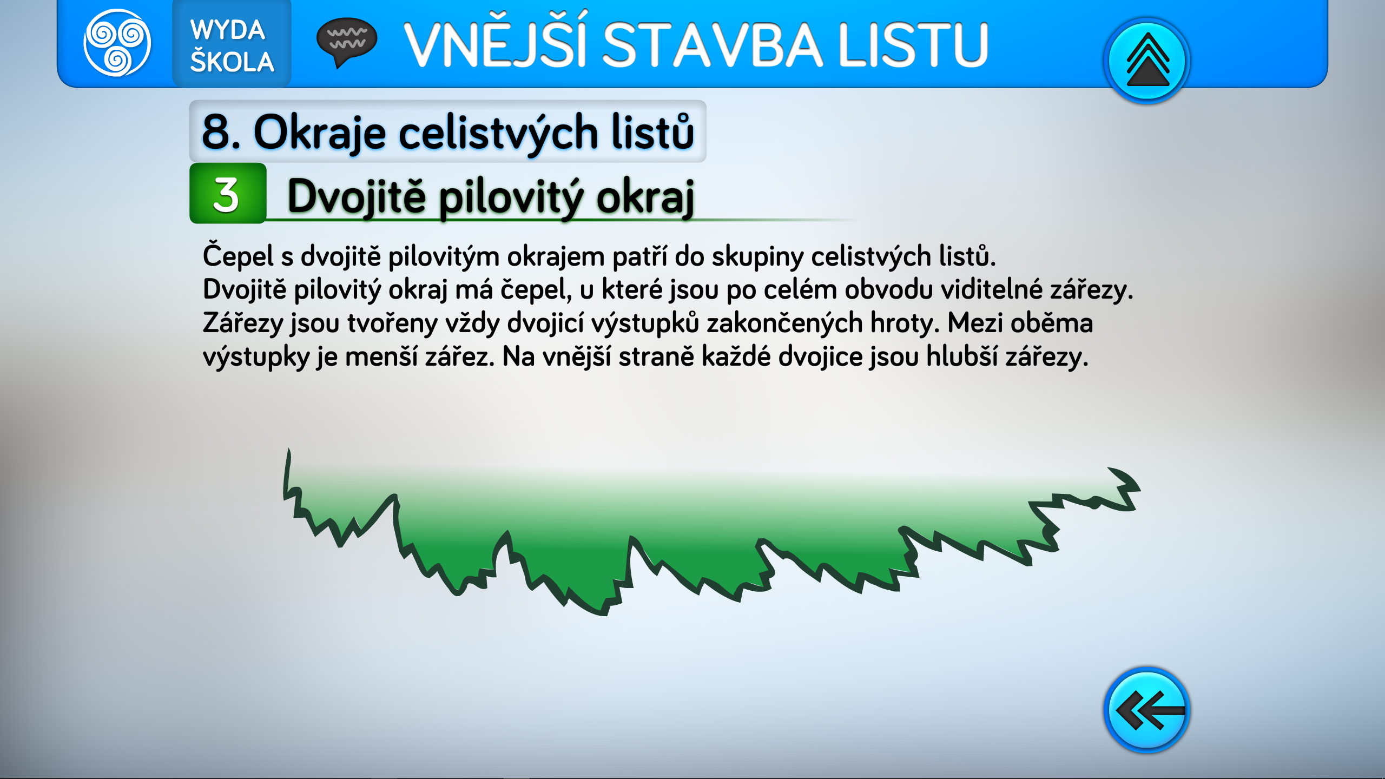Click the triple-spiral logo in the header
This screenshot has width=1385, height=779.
117,43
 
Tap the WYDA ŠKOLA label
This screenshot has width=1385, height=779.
232,45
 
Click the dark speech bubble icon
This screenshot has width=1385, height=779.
346,43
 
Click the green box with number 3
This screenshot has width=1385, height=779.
228,193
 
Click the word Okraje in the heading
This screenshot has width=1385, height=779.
320,133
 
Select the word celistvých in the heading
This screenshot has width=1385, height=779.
498,133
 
